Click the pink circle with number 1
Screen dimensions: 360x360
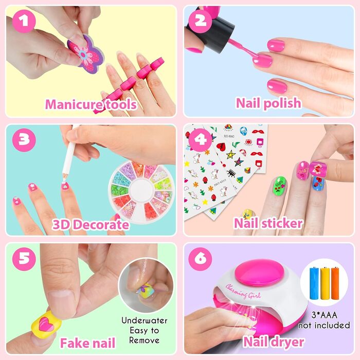pos(24,21)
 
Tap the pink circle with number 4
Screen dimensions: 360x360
pos(200,139)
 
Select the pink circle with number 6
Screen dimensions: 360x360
pos(200,259)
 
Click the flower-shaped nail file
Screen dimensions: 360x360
pos(85,54)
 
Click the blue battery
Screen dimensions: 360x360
pos(314,283)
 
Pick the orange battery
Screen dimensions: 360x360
pos(335,283)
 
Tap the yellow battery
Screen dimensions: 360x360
pos(325,283)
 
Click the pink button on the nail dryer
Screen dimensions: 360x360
pos(259,272)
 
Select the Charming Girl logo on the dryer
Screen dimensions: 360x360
pos(243,292)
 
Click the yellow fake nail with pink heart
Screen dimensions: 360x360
pos(46,325)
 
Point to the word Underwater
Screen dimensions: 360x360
pos(145,320)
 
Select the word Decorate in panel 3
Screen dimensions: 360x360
pos(102,224)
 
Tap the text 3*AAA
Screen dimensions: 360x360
pos(324,315)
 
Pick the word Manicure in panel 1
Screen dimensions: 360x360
pos(74,104)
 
